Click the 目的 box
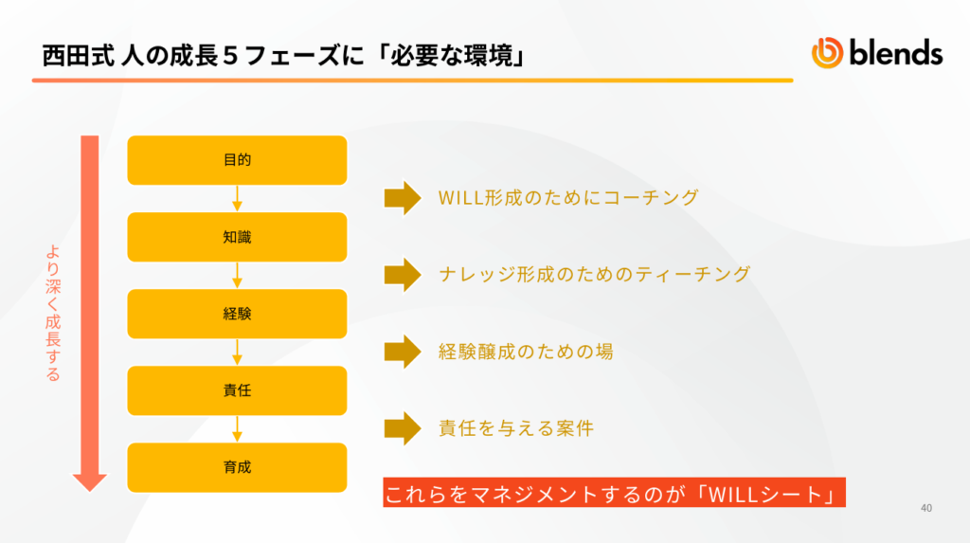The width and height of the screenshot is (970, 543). (237, 160)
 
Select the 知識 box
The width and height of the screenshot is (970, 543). (237, 237)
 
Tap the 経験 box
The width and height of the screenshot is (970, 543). (237, 314)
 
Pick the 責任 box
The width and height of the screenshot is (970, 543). (237, 390)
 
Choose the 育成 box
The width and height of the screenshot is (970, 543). (237, 467)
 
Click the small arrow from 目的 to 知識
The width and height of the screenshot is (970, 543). (237, 198)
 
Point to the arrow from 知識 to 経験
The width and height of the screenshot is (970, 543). (237, 275)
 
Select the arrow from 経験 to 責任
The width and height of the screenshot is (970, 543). (237, 352)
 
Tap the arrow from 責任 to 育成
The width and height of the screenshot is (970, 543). (237, 428)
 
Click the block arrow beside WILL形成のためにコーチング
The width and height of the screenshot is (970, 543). (403, 198)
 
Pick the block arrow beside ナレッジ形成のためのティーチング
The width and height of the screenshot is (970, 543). (403, 275)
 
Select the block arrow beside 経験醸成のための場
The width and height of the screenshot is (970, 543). (403, 352)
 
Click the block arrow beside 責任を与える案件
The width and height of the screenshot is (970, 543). (403, 428)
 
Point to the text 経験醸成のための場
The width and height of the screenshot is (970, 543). (526, 352)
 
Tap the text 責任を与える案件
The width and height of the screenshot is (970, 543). (516, 428)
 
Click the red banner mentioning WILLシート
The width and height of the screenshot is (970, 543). (614, 493)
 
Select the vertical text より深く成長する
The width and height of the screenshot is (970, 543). (53, 314)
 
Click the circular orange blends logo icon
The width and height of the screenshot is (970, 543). (827, 53)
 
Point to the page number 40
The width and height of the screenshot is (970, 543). (926, 508)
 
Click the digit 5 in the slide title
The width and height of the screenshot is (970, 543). (230, 56)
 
